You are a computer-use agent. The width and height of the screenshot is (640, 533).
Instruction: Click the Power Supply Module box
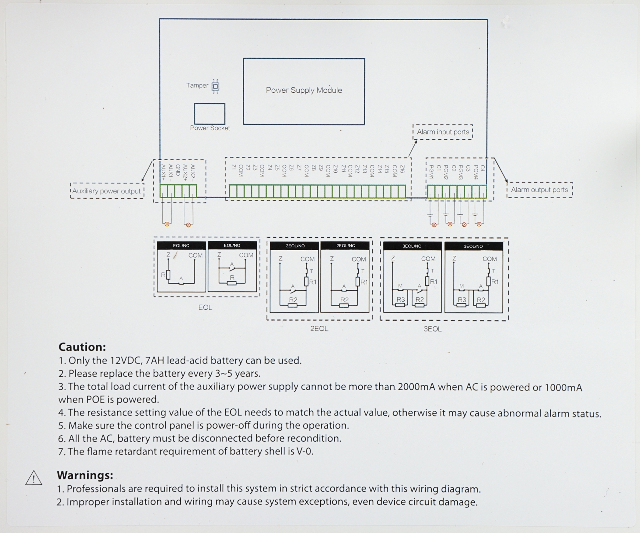(x=304, y=91)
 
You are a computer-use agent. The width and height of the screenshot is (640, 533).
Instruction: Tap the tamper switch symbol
(x=215, y=86)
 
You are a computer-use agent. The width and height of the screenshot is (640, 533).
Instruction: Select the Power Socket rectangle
(x=209, y=114)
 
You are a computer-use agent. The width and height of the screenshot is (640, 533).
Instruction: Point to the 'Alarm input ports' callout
(x=443, y=132)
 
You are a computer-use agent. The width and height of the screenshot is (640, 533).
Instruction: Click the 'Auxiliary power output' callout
(x=107, y=191)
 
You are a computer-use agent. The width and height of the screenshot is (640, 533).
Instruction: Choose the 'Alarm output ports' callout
(x=539, y=190)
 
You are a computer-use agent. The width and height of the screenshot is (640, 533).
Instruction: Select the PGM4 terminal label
(x=476, y=172)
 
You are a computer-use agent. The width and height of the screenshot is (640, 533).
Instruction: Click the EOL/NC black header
(x=181, y=246)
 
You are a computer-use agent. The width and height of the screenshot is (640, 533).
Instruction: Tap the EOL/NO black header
(x=232, y=245)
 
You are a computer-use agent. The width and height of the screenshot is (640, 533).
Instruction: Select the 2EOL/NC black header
(x=346, y=246)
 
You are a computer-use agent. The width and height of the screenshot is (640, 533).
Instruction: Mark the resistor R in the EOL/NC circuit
(x=168, y=275)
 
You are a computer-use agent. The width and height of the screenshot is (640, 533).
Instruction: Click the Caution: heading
(x=82, y=347)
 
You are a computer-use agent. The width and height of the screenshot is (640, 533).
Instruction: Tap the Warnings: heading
(x=85, y=475)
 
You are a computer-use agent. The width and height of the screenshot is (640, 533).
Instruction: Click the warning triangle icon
(x=34, y=478)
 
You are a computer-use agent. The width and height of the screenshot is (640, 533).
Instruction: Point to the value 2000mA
(x=416, y=387)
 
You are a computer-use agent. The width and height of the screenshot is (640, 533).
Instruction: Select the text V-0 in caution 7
(x=305, y=451)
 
